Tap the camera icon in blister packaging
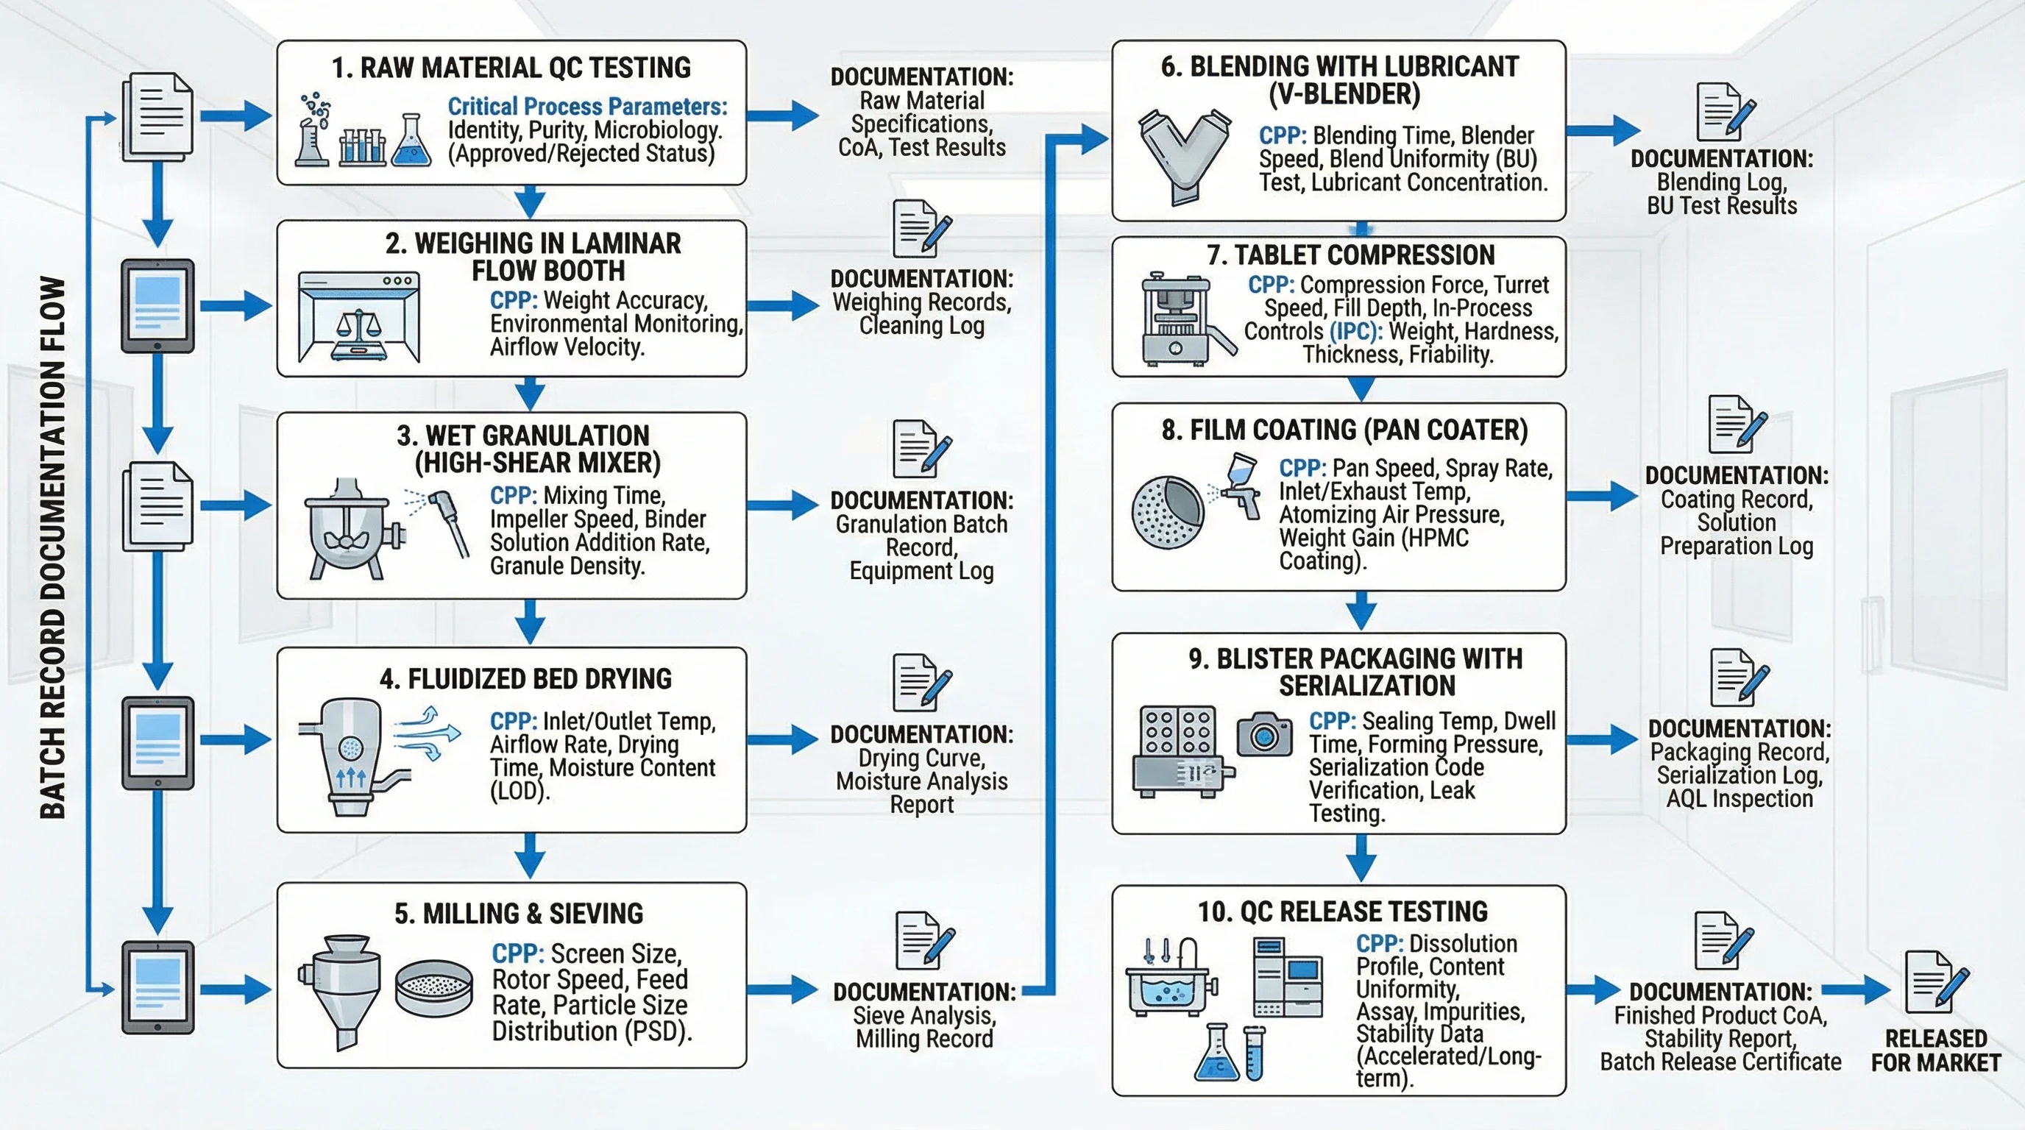pyautogui.click(x=1263, y=734)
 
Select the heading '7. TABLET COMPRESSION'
pyautogui.click(x=1350, y=255)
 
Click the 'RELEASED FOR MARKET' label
pyautogui.click(x=1935, y=1051)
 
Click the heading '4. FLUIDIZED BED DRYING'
pyautogui.click(x=525, y=678)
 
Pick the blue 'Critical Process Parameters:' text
pyautogui.click(x=587, y=106)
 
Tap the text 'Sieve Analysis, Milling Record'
pyautogui.click(x=924, y=1027)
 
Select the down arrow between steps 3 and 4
pyautogui.click(x=530, y=622)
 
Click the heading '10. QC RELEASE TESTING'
pyautogui.click(x=1342, y=912)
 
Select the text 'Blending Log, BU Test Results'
pyautogui.click(x=1722, y=193)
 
